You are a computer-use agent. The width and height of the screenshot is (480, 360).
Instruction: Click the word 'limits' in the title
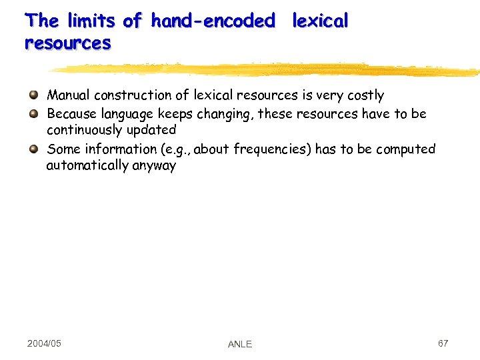pyautogui.click(x=93, y=21)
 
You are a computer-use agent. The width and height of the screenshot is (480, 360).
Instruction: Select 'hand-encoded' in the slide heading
pyautogui.click(x=213, y=21)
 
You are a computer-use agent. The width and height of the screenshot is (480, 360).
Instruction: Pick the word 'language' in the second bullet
pyautogui.click(x=129, y=114)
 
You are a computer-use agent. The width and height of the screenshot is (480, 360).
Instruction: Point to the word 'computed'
pyautogui.click(x=405, y=149)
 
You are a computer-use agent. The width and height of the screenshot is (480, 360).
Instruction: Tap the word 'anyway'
pyautogui.click(x=154, y=166)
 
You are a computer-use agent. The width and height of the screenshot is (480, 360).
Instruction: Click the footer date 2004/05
pyautogui.click(x=44, y=343)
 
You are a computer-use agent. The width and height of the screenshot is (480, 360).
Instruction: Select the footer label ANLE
pyautogui.click(x=240, y=344)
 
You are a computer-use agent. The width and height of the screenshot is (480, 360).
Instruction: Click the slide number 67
pyautogui.click(x=443, y=343)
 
